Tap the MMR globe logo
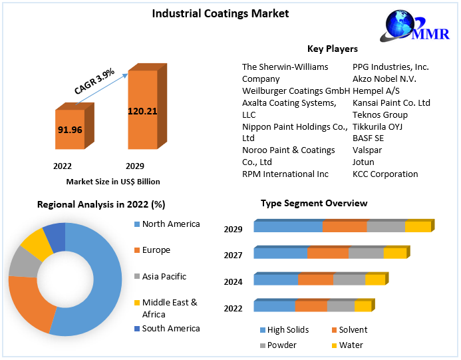413,29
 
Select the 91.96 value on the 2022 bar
70,129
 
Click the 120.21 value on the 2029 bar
142,111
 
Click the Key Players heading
332,49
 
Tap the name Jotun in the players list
363,162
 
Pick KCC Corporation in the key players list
385,174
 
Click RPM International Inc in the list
285,174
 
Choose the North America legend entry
170,224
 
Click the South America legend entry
170,328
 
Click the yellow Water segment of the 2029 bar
418,227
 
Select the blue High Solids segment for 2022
274,306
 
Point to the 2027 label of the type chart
233,255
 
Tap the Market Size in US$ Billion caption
113,182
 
